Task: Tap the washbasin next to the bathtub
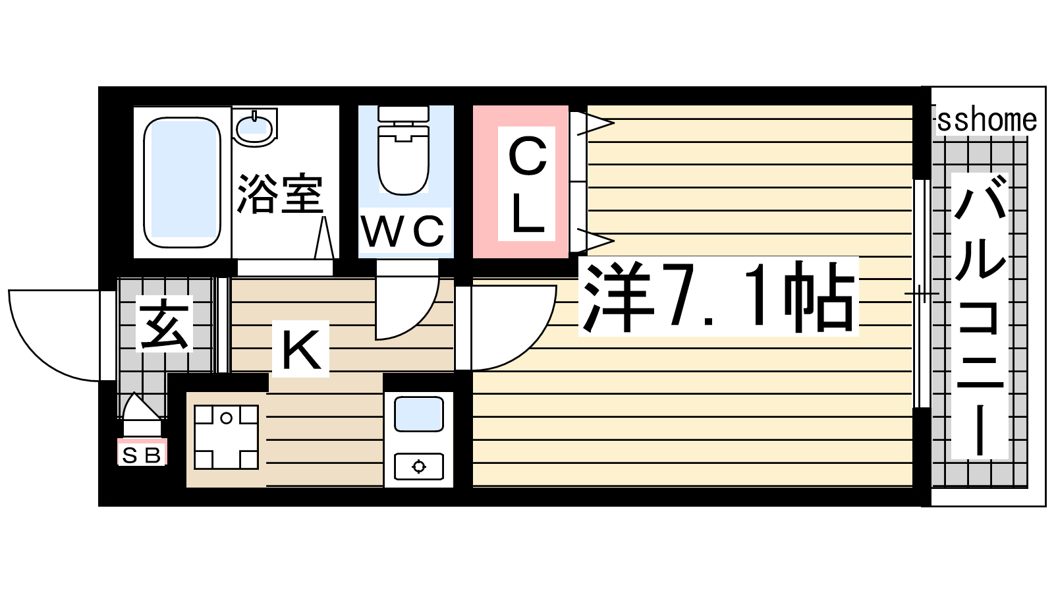click(255, 127)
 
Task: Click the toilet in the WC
click(403, 151)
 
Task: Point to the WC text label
click(402, 231)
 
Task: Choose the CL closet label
click(527, 184)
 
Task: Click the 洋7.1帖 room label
click(718, 296)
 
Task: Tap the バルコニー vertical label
click(980, 316)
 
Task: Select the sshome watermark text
click(987, 120)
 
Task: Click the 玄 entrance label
click(164, 324)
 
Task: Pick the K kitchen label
click(300, 349)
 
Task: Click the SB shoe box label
click(142, 455)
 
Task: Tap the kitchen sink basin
click(419, 414)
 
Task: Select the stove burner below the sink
click(419, 466)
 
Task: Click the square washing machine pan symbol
click(227, 438)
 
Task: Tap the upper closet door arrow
click(596, 123)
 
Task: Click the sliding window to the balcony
click(922, 294)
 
